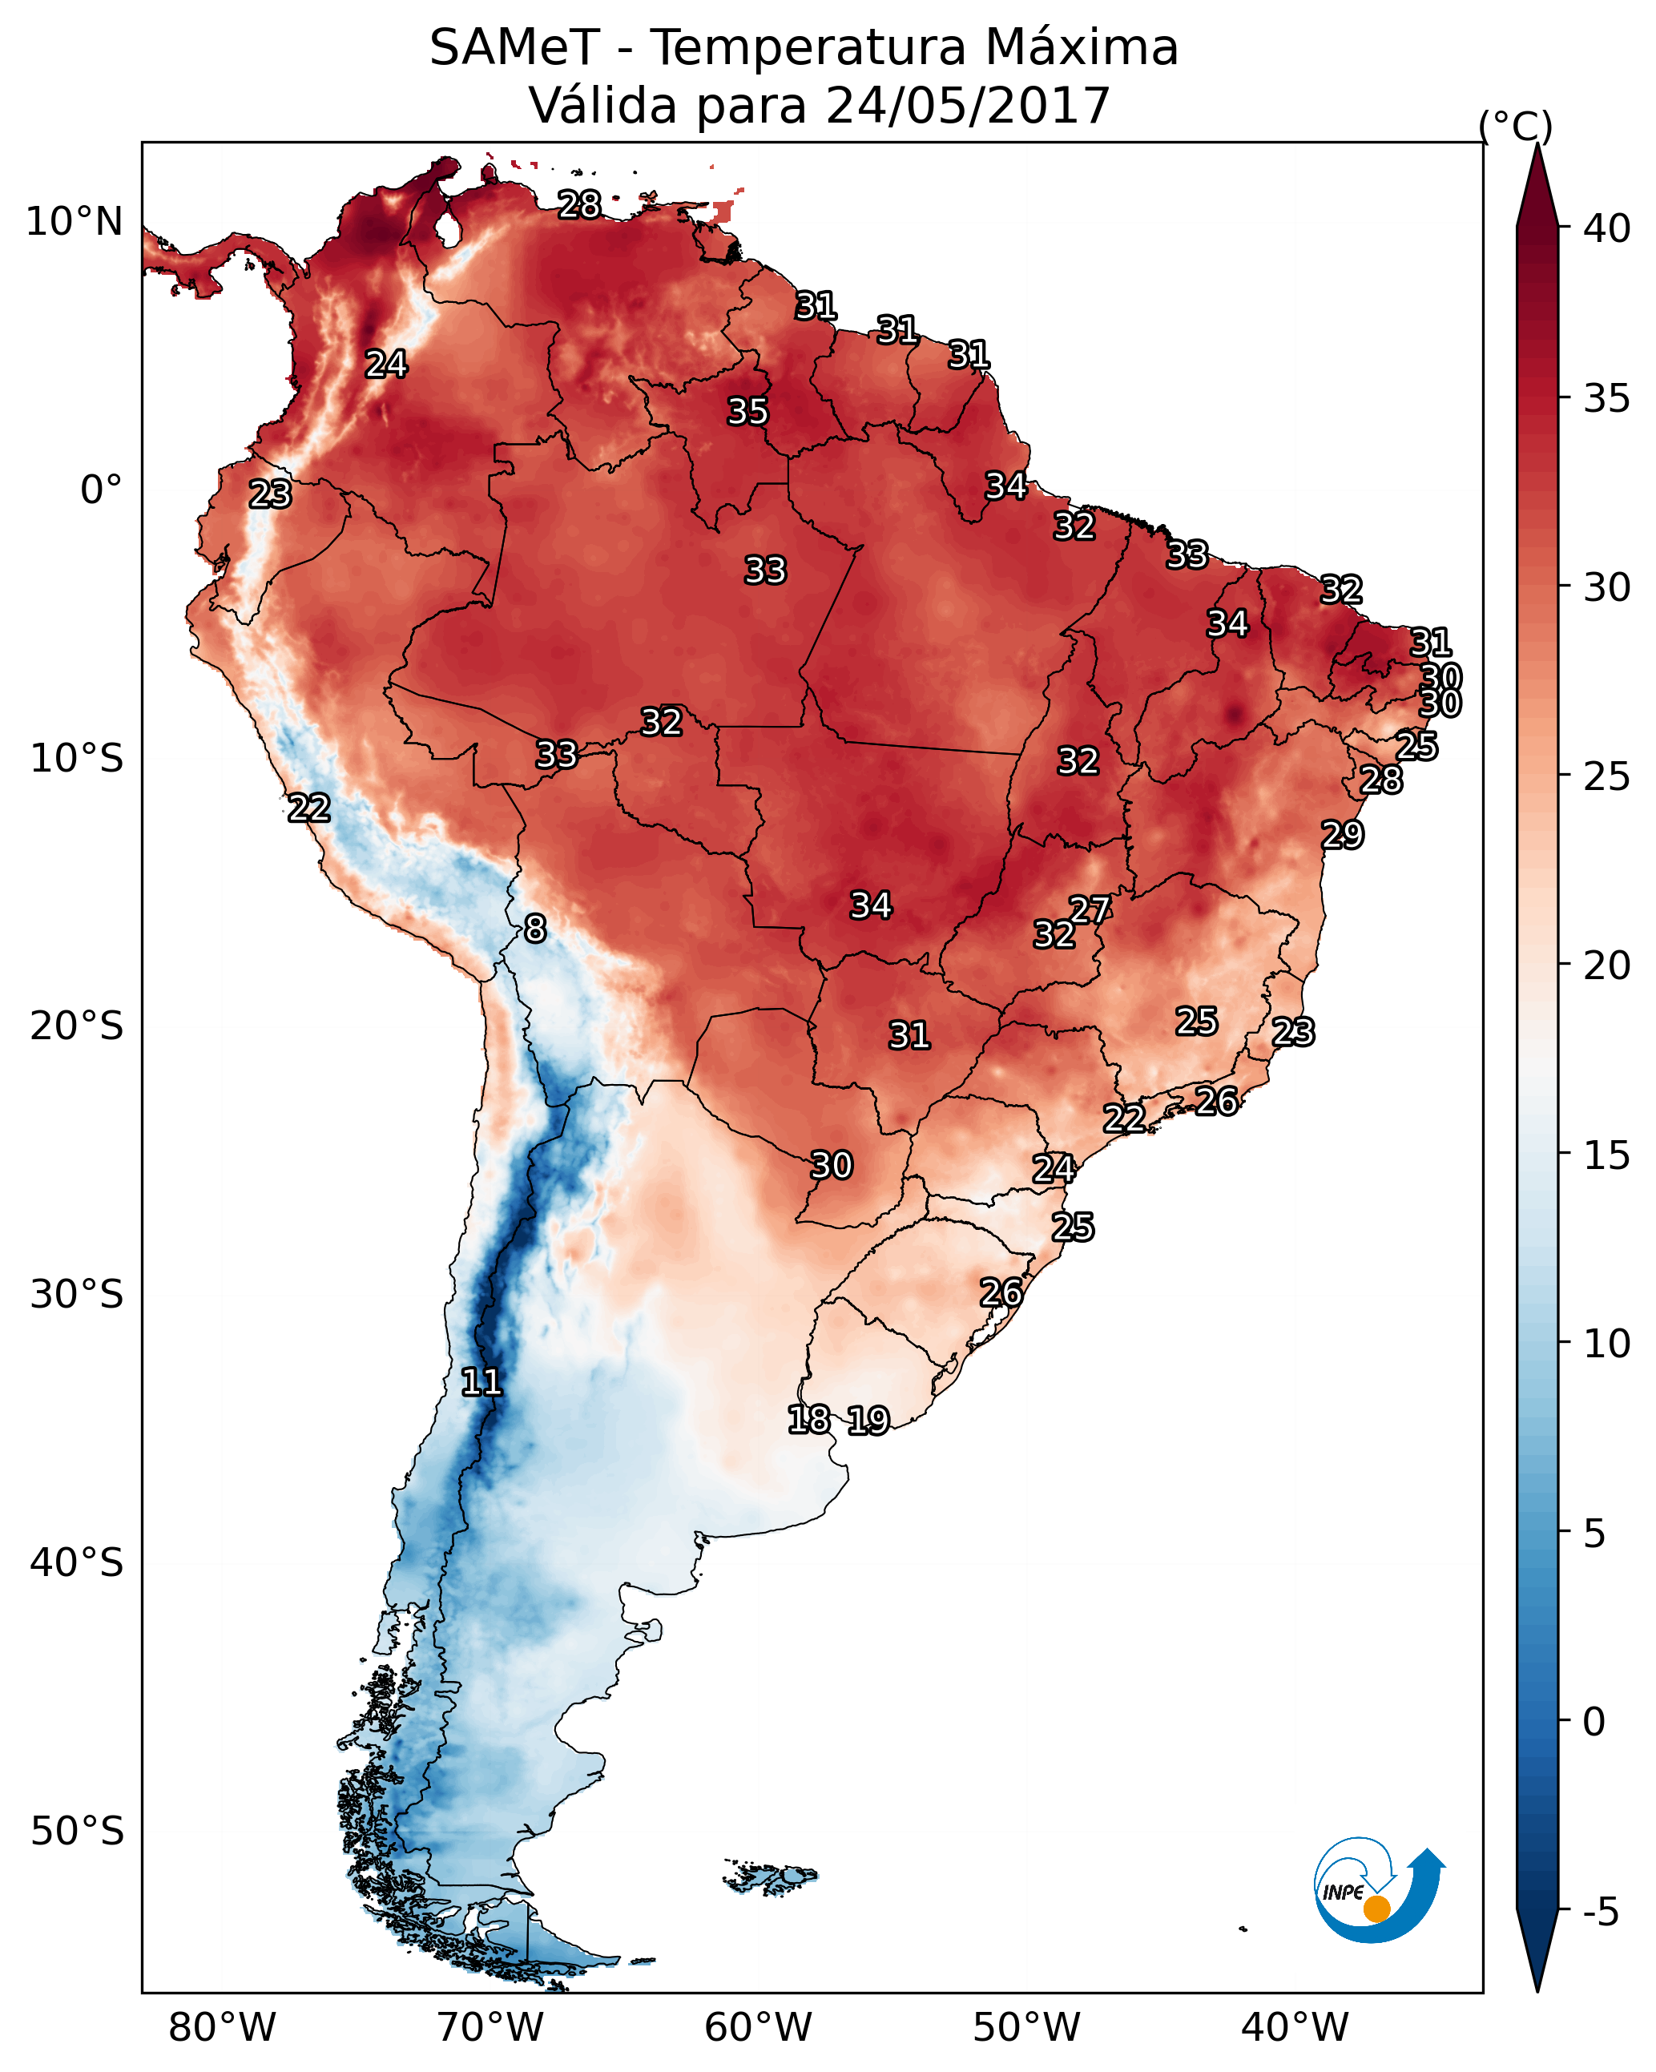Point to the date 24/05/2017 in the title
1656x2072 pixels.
[x=967, y=106]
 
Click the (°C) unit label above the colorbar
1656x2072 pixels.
[x=1515, y=126]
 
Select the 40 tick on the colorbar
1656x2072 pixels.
[x=1606, y=228]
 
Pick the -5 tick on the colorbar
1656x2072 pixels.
[x=1599, y=1912]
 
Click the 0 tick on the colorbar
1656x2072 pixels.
[x=1594, y=1721]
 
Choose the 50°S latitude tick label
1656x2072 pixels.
[x=77, y=1831]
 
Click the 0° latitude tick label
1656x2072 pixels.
[x=101, y=490]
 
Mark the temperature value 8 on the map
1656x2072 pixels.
[x=535, y=929]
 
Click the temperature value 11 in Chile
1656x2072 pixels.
[x=481, y=1382]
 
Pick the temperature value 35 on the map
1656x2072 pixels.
[x=747, y=411]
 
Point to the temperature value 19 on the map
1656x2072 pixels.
[x=868, y=1420]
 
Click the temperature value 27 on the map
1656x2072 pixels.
[x=1090, y=909]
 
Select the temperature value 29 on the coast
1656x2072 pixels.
[x=1342, y=834]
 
